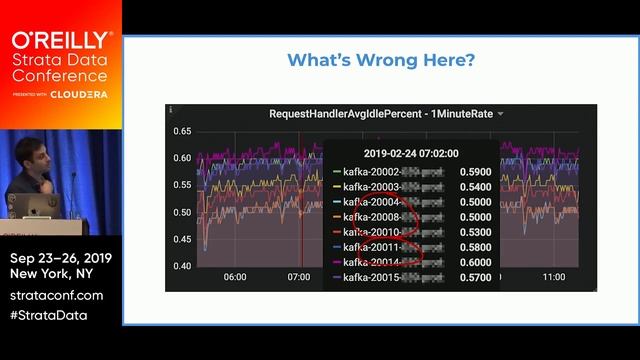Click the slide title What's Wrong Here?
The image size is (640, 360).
coord(381,61)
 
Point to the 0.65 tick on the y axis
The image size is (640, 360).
coord(181,131)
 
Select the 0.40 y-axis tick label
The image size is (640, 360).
coord(181,266)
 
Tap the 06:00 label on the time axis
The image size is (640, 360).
coord(235,277)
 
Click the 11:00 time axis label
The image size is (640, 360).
coord(554,277)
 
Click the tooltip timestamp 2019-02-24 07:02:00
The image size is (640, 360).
coord(410,155)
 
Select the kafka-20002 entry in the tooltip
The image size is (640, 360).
coord(372,171)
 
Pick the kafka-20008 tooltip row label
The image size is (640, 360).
coord(372,216)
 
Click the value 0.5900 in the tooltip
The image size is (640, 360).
coord(475,171)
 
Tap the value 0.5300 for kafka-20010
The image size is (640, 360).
coord(475,231)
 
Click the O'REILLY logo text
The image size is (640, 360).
coord(61,40)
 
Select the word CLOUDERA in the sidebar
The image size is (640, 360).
coord(83,94)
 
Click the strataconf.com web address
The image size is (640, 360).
coord(57,295)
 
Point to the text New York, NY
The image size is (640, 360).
coord(55,274)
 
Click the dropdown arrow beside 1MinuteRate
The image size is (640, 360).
coord(500,114)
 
